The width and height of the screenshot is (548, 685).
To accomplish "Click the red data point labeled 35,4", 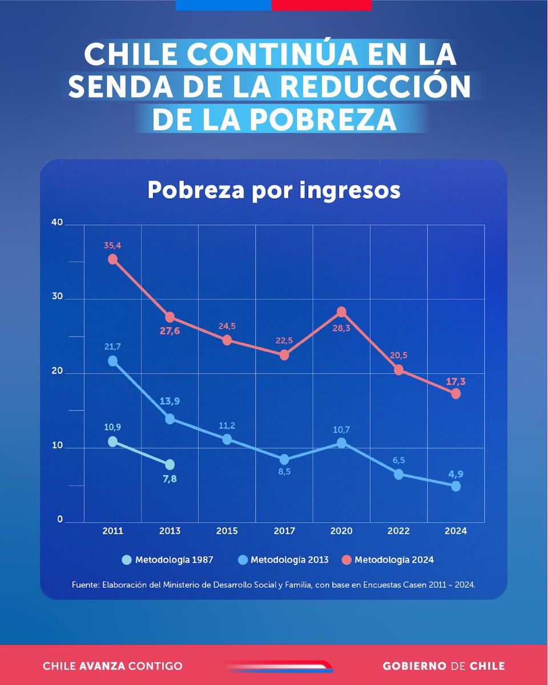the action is point(113,259).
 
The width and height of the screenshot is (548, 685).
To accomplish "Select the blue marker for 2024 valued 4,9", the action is point(456,486).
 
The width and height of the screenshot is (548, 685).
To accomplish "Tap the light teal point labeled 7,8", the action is point(170,465).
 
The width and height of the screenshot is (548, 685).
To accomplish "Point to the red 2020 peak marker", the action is point(341,312).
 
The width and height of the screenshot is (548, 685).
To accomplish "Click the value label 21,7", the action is point(112,346).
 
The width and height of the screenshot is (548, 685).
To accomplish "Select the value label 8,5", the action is point(284,472).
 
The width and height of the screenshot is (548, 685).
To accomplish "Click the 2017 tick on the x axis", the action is point(284,531).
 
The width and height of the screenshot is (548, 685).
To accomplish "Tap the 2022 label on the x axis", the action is point(398,531).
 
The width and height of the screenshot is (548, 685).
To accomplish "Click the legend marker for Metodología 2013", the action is point(242,560).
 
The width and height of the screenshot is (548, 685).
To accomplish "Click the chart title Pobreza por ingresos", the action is point(273,191).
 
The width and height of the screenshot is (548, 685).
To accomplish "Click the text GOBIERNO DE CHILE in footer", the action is point(444,666).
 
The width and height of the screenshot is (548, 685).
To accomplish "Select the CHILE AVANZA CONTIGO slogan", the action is point(112,666).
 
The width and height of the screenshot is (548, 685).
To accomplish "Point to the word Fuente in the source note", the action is point(86,585).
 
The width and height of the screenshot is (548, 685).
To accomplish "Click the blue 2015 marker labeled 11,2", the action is point(227,440).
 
